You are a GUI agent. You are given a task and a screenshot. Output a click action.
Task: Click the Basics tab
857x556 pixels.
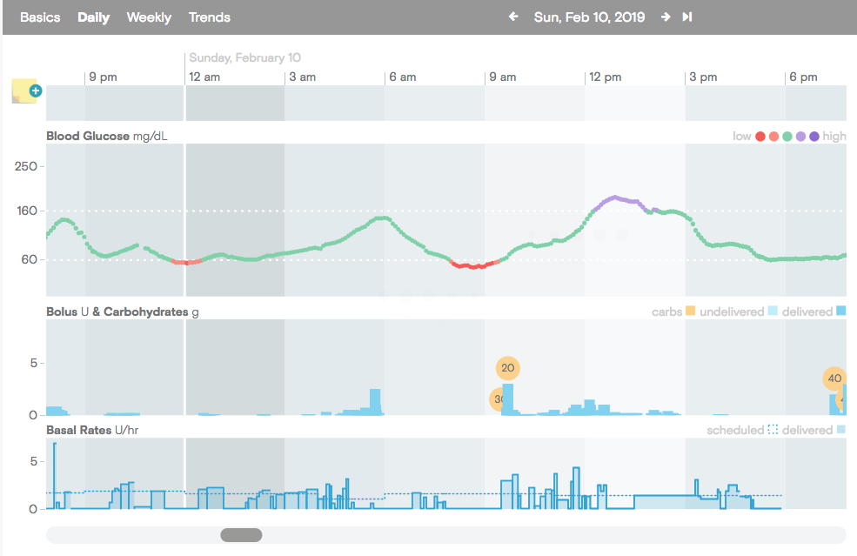click(x=40, y=17)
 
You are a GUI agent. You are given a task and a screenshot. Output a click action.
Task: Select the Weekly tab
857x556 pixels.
click(x=149, y=17)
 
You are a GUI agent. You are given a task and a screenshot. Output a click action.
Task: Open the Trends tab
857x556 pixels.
click(x=210, y=17)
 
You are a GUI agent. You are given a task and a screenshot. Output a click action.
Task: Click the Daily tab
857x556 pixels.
click(x=93, y=17)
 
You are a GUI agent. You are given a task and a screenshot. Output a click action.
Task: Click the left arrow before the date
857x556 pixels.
click(x=513, y=17)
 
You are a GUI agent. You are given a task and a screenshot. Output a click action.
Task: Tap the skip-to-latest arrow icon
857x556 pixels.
click(x=687, y=17)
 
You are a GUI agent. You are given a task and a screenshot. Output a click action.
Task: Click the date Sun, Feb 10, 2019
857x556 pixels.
click(x=589, y=17)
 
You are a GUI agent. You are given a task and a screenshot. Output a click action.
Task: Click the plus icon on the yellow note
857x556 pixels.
click(x=36, y=90)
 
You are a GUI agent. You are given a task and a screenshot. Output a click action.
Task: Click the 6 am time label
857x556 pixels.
click(x=402, y=77)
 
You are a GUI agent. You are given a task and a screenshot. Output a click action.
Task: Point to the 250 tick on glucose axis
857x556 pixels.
click(x=26, y=166)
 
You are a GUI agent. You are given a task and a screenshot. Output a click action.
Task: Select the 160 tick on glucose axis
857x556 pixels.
click(x=27, y=211)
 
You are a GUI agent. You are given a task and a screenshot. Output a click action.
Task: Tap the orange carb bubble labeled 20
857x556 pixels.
click(x=508, y=368)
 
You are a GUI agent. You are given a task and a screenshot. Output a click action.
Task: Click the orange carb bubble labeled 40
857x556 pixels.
click(x=834, y=378)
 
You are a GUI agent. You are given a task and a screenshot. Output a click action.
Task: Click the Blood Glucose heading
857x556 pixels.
click(x=88, y=136)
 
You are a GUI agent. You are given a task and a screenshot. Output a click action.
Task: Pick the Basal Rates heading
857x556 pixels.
click(x=78, y=430)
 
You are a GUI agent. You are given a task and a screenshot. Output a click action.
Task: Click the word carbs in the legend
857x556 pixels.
click(x=666, y=311)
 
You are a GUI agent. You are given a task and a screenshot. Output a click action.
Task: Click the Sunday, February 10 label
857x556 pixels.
click(x=244, y=57)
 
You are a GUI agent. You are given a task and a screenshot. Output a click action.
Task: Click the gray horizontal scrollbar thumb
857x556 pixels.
click(x=241, y=535)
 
